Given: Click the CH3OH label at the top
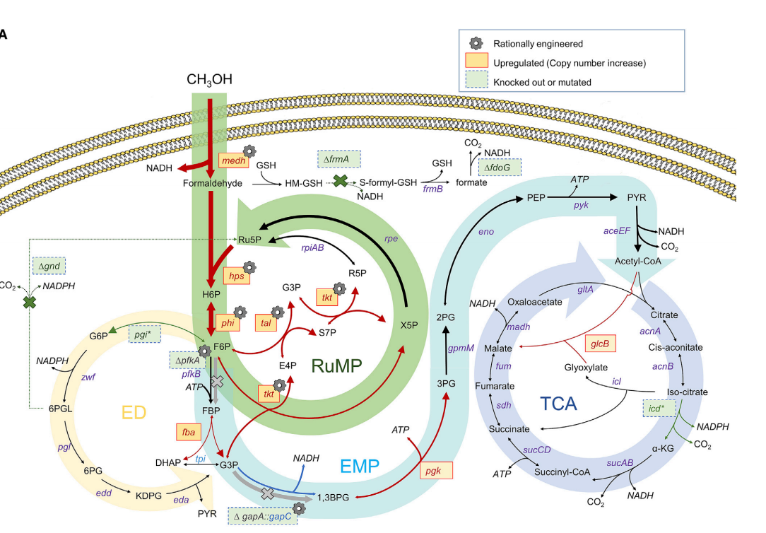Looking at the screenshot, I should [209, 79].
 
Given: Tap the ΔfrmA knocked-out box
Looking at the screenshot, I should [339, 160].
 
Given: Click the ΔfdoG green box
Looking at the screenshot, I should [500, 168].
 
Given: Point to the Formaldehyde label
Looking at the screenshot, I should [212, 183].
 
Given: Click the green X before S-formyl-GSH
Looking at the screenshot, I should [341, 182].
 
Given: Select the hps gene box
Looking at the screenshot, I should [237, 276].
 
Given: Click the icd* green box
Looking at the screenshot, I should [661, 409].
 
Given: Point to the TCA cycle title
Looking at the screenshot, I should [558, 404].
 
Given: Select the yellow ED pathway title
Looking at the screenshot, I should [134, 412].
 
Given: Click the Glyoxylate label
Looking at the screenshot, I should [586, 368].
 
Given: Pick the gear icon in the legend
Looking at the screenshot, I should [476, 43].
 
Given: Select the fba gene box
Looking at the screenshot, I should [189, 430].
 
